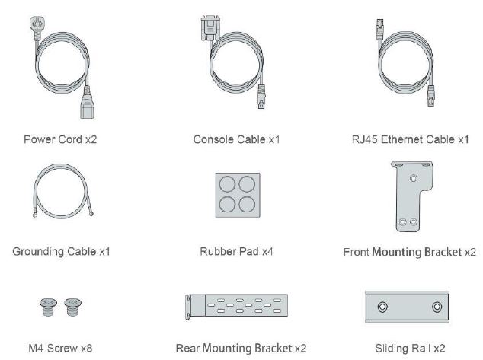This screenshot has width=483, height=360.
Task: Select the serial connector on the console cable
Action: click(x=210, y=27)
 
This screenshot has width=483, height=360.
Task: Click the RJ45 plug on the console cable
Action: click(x=261, y=97)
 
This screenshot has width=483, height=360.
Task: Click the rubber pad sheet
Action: click(x=238, y=195)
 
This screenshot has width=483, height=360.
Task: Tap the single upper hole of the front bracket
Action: click(x=414, y=178)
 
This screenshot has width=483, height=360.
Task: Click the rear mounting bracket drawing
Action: click(x=237, y=305)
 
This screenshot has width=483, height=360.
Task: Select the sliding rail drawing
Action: click(x=407, y=307)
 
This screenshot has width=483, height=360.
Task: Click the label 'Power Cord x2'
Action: click(x=60, y=139)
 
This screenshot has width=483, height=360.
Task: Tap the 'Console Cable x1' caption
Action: click(x=237, y=139)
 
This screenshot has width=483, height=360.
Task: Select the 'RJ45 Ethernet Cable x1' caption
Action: click(x=411, y=139)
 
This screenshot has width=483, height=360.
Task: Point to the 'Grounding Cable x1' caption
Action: click(x=61, y=252)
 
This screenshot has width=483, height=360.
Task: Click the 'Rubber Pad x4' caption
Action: click(x=237, y=252)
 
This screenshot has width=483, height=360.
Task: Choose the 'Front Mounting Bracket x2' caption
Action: click(x=410, y=252)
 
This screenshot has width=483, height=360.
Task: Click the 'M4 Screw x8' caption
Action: click(x=60, y=349)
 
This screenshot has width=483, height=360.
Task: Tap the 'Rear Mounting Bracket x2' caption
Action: click(x=241, y=349)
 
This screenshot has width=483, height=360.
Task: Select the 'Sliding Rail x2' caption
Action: click(x=410, y=349)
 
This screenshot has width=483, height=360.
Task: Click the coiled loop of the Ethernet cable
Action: click(x=379, y=63)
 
